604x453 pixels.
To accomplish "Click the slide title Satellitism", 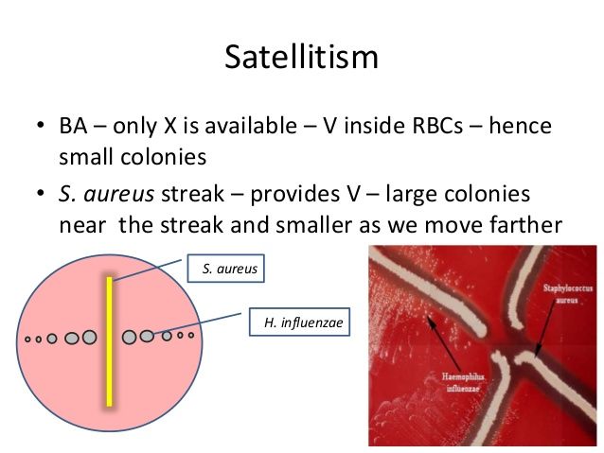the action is point(302,57).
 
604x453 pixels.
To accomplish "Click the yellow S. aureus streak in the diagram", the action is point(110,341).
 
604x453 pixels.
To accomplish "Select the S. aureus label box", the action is point(225,269).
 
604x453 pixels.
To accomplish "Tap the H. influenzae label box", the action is point(300,322).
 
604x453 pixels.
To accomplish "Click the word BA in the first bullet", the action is point(73,126).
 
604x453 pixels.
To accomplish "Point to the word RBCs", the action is point(437,126).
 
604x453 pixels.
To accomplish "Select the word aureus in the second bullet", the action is point(119,194).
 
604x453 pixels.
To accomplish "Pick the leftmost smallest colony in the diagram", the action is point(27,340).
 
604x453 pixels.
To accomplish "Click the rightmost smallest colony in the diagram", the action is point(191,335).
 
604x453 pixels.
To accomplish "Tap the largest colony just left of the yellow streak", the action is point(89,338).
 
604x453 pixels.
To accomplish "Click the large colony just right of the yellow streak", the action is point(129,337).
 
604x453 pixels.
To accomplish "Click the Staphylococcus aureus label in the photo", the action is point(567,293).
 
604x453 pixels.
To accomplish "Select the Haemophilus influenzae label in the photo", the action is point(463,382).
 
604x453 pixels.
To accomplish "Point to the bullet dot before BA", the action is point(40,125).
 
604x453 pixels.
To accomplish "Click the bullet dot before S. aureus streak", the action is point(40,192).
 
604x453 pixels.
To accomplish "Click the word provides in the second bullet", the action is point(295,195).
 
